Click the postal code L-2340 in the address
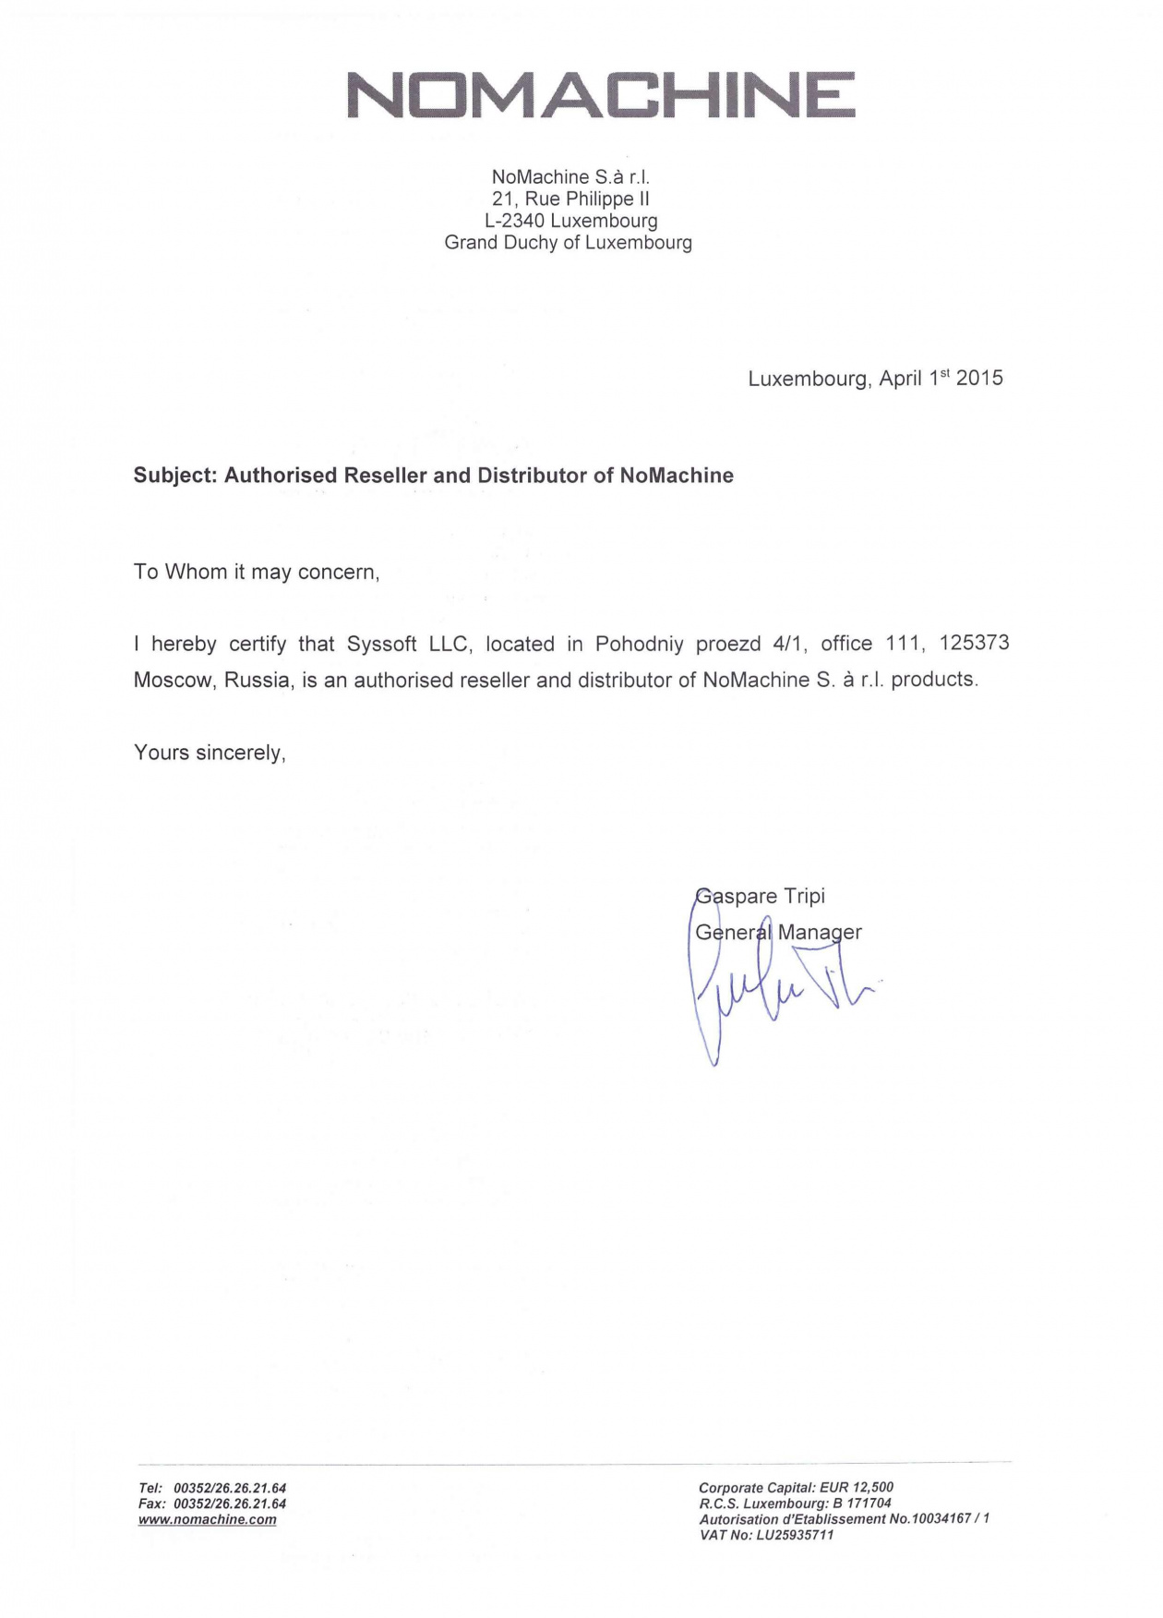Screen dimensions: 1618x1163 [515, 221]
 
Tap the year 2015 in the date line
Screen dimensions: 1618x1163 [979, 378]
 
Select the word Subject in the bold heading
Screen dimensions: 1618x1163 [174, 476]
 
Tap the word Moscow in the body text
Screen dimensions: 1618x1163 [174, 680]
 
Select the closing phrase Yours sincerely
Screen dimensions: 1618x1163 [210, 753]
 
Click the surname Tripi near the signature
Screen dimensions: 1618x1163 [804, 896]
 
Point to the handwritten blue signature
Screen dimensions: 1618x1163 [775, 997]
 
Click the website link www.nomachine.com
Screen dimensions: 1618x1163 [207, 1519]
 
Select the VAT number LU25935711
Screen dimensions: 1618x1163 [795, 1535]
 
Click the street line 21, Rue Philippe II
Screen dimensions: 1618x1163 [570, 199]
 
